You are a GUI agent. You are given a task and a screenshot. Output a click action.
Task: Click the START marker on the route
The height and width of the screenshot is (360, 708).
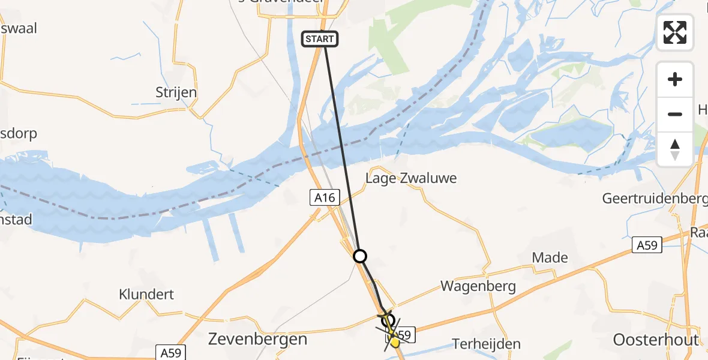(320, 40)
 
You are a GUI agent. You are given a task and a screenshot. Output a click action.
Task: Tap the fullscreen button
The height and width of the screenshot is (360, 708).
(675, 32)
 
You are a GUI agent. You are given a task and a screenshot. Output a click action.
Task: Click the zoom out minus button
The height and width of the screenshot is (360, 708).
(675, 114)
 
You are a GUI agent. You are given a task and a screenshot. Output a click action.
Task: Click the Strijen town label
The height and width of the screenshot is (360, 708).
(176, 93)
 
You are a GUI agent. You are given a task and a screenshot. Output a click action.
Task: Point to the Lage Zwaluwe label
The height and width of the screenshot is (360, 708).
(411, 178)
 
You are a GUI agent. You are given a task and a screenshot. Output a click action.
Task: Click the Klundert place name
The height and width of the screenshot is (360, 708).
(146, 295)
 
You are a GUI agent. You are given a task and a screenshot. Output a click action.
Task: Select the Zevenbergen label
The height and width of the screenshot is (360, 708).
(257, 339)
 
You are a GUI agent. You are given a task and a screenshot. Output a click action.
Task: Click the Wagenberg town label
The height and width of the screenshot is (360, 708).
(478, 286)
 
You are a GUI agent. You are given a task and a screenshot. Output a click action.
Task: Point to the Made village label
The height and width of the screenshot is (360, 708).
(550, 257)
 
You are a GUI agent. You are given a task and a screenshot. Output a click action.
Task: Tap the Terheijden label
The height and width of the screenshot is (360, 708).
(487, 344)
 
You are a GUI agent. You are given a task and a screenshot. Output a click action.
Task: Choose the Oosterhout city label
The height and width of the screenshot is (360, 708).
(655, 340)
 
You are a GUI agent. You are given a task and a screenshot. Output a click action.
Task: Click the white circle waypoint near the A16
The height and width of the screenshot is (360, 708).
(359, 257)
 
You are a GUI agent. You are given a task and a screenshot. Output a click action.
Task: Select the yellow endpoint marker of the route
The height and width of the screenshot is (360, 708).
(394, 343)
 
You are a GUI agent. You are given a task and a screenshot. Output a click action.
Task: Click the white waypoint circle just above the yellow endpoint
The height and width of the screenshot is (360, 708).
(388, 320)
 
